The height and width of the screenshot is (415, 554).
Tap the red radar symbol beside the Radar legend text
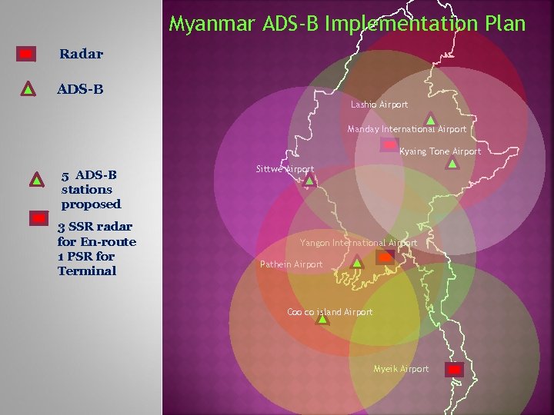pos(26,54)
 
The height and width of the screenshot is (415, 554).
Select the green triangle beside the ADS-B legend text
pos(27,88)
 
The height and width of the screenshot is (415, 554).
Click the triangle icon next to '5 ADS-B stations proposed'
pos(35,180)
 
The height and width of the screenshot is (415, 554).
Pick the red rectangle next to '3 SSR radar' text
pos(39,219)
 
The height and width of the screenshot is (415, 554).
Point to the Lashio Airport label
pos(379,105)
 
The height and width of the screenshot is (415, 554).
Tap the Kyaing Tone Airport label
pos(440,151)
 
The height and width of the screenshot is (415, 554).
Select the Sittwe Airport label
pos(284,168)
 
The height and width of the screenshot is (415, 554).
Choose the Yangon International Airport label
pos(358,243)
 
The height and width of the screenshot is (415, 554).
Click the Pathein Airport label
pos(291,264)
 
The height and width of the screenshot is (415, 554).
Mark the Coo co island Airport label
pos(329,312)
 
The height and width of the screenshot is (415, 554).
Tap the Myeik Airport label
pos(401,369)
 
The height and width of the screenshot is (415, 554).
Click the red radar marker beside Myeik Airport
pos(455,369)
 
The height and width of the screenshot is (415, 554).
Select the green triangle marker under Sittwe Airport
pos(309,181)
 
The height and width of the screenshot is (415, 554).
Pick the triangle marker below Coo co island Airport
pos(322,319)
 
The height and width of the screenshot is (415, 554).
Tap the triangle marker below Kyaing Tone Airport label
pos(452,163)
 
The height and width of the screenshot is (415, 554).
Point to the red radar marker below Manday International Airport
pos(389,144)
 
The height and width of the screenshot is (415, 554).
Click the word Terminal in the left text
pos(86,271)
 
